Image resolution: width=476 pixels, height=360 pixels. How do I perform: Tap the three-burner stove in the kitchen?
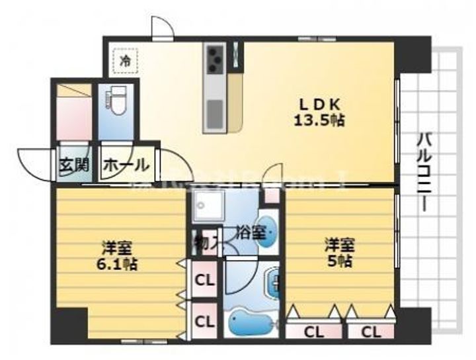pyautogui.click(x=216, y=59)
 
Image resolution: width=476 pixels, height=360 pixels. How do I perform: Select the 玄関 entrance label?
pyautogui.click(x=73, y=165)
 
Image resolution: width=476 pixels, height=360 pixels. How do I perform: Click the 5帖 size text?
pyautogui.click(x=339, y=261)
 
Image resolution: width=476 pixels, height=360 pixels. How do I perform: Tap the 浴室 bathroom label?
pyautogui.click(x=252, y=232)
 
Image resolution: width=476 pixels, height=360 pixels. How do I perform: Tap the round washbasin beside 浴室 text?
pyautogui.click(x=268, y=232)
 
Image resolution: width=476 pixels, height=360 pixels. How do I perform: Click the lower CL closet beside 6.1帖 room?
pyautogui.click(x=205, y=322)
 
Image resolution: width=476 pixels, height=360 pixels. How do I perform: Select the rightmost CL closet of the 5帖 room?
pyautogui.click(x=371, y=332)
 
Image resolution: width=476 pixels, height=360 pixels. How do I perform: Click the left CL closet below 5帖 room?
pyautogui.click(x=313, y=332)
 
